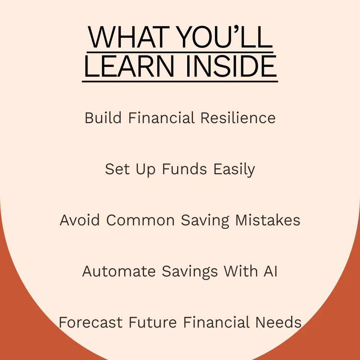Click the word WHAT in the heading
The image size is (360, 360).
[x=129, y=37]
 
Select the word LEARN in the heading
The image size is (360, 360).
[x=129, y=66]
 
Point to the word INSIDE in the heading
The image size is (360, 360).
[x=231, y=66]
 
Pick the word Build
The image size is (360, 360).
[x=103, y=118]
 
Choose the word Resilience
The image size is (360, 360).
[x=238, y=118]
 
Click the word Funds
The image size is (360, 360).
[x=185, y=169]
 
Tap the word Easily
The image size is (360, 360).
[x=234, y=170]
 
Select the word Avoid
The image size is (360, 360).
[x=80, y=220]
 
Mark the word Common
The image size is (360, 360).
[x=140, y=220]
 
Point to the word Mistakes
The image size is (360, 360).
[x=268, y=220]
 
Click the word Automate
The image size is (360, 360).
[x=119, y=271]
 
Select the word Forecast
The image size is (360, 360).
[x=90, y=322]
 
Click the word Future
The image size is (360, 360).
[x=153, y=322]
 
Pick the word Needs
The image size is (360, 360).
[x=278, y=322]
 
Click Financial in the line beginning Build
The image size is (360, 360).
[x=162, y=118]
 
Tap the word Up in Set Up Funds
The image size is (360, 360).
[x=145, y=170]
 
